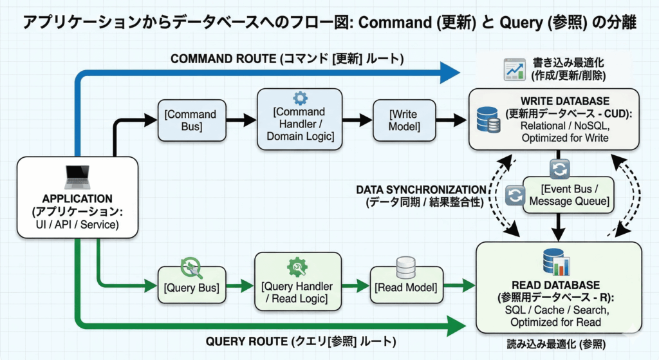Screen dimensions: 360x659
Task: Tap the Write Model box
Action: coord(404,120)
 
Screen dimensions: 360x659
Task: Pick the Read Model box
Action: coord(405,287)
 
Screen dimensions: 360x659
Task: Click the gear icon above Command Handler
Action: coord(300,99)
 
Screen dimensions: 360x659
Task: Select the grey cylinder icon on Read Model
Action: coord(406,267)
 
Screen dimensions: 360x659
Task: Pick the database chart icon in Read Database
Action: coord(557,263)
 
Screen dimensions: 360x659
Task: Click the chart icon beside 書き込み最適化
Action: coord(513,68)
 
